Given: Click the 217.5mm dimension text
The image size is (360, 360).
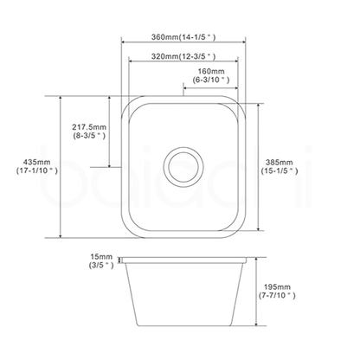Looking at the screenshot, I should (90, 126).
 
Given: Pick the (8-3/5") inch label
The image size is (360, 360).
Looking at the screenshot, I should (90, 136).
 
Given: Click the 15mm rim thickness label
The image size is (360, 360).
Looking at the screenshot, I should (101, 257).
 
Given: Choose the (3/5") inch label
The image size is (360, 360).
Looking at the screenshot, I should (101, 267).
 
